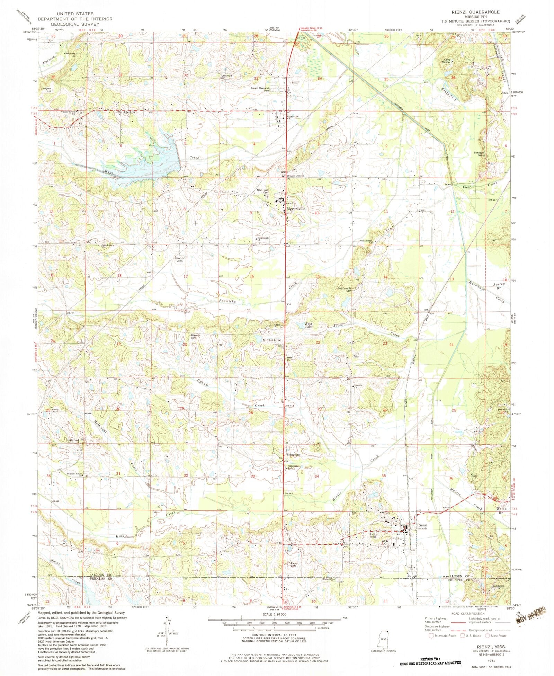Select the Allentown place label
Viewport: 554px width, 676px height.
pyautogui.click(x=129, y=113)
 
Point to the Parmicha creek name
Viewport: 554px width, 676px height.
pyautogui.click(x=227, y=302)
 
